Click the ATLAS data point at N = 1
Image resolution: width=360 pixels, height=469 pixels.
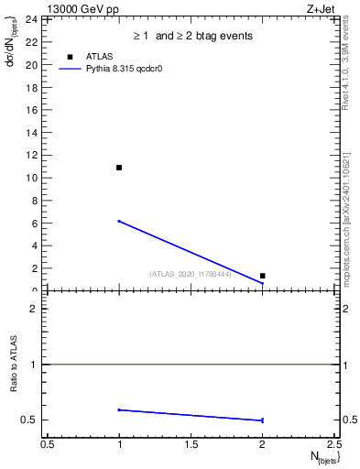(119, 168)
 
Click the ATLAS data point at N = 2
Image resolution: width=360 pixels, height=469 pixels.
(262, 276)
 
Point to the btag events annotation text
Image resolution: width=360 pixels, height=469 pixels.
(193, 36)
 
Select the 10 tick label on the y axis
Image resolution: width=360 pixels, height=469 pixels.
(30, 178)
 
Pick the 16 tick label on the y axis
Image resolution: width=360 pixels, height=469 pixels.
(30, 110)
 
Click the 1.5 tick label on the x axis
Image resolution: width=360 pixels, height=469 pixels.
(191, 444)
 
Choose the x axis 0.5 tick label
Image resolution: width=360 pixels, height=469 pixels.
(48, 444)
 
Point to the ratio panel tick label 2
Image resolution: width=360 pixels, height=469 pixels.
(33, 309)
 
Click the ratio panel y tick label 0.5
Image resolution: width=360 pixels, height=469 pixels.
(29, 420)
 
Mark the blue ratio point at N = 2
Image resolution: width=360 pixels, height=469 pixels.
(262, 420)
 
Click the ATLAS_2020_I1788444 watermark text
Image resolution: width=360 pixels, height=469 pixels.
(191, 273)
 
